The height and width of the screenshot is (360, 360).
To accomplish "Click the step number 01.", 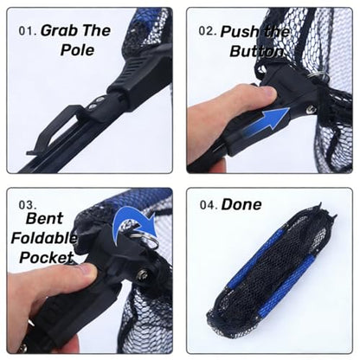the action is click(28, 31).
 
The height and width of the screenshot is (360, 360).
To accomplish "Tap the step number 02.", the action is click(208, 31).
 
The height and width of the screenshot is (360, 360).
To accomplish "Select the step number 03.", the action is click(28, 205).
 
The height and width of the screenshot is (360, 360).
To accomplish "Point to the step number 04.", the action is click(209, 205).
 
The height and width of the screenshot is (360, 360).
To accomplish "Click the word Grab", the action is click(59, 30).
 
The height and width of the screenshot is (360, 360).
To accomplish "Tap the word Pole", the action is click(77, 49).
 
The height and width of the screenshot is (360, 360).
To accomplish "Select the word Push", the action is click(238, 31).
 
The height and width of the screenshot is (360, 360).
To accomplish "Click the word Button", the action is click(256, 51).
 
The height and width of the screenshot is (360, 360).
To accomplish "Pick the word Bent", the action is click(44, 218).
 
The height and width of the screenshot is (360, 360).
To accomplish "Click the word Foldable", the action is click(44, 238).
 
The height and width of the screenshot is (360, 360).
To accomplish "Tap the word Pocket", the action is click(46, 257).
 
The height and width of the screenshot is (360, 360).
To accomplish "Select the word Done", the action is click(241, 204).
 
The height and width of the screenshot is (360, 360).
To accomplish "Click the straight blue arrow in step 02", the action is click(266, 123).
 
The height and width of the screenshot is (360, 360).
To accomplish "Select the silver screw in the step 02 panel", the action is click(311, 109).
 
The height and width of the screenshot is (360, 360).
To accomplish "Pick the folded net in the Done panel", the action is click(273, 269).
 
